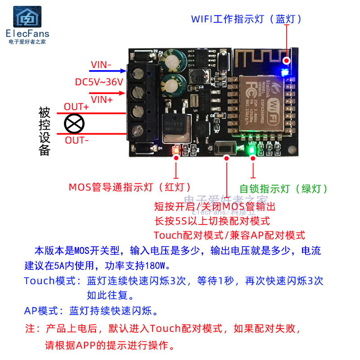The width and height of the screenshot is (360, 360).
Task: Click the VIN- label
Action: pos(101,65)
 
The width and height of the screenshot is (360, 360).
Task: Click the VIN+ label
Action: pos(102,99)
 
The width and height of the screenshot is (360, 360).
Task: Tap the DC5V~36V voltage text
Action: pos(99,82)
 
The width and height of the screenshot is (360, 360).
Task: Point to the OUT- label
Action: pos(77,140)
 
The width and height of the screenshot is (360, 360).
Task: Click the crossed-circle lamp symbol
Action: pos(74,123)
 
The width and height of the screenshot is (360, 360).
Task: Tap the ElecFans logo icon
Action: pos(28,17)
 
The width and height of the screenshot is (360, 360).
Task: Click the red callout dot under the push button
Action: pos(227,157)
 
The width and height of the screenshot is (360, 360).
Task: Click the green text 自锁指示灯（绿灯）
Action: pos(283,189)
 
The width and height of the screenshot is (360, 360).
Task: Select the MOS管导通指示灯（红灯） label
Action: pos(130,186)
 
